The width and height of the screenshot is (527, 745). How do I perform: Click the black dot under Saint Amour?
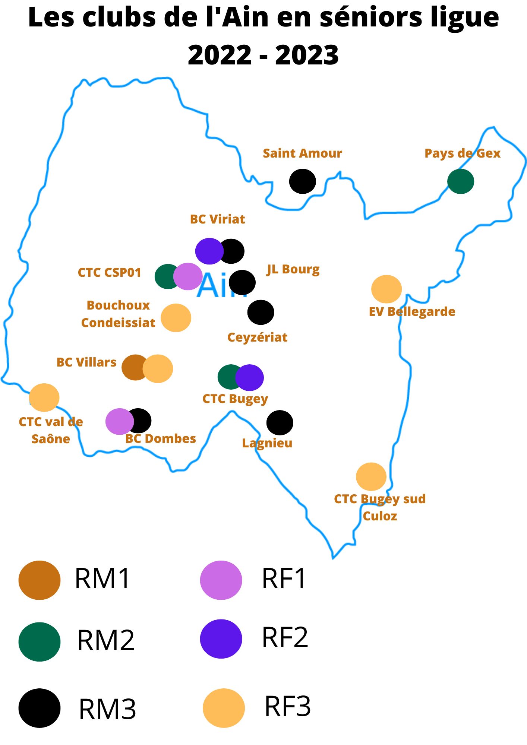[302, 181]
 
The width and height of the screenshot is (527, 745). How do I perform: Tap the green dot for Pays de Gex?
[461, 181]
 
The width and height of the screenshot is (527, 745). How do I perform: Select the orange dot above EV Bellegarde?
[386, 289]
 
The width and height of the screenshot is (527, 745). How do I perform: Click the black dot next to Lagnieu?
[280, 423]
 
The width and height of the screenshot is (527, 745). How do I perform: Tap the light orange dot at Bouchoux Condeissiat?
[176, 318]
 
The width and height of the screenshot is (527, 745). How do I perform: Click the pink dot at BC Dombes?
[118, 421]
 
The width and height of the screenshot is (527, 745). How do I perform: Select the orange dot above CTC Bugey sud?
[371, 477]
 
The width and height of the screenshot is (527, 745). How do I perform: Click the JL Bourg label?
[293, 269]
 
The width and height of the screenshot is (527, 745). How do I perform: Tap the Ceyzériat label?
[257, 337]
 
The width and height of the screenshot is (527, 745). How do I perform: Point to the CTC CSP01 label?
[109, 273]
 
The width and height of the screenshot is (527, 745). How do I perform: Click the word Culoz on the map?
[380, 516]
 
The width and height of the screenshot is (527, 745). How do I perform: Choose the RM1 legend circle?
[40, 580]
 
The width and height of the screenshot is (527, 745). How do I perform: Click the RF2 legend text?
[285, 637]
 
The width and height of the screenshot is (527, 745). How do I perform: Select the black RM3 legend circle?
[40, 708]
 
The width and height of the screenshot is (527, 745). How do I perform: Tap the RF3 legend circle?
[224, 708]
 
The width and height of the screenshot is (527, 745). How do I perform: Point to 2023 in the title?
[307, 55]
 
